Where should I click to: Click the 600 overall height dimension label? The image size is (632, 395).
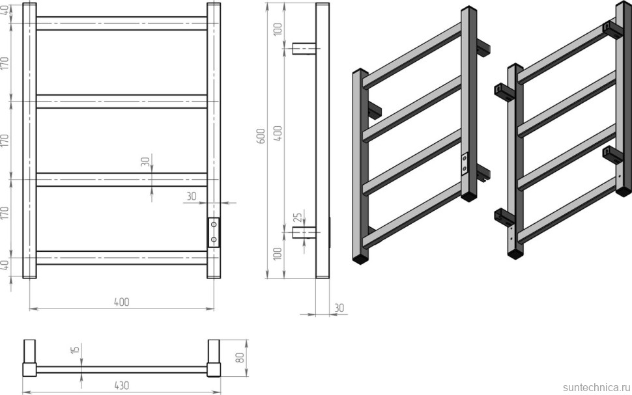coord(261,137)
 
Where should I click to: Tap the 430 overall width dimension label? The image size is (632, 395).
coord(121,385)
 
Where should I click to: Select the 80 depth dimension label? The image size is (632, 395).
coord(240,358)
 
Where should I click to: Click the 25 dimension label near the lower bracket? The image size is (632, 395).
coord(298,218)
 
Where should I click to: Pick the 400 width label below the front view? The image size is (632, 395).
coord(122,302)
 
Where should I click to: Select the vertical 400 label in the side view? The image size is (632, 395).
coord(278,133)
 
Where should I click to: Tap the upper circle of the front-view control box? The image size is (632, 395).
coord(214,225)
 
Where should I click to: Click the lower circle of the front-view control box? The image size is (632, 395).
coord(214,239)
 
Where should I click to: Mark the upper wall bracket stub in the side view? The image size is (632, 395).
coord(304,48)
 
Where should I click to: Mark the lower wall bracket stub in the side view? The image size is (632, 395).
coord(304,233)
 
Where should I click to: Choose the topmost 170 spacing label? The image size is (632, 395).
coord(5,63)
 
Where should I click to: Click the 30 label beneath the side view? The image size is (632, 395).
coord(339,308)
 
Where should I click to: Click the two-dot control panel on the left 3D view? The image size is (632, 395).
coord(465,164)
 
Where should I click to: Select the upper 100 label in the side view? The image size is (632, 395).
coord(278,29)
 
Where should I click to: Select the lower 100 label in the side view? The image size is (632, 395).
coord(278,253)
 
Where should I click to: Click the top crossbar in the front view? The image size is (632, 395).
coord(122,23)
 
